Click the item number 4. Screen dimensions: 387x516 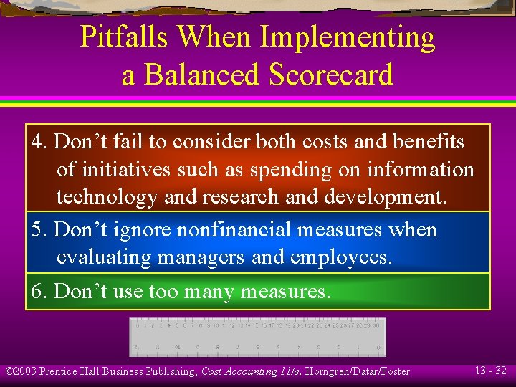[x=39, y=142]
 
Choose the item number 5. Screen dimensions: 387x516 [x=39, y=230]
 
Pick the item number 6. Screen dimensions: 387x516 [x=39, y=292]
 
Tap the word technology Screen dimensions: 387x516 [x=107, y=197]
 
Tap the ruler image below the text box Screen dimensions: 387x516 [x=257, y=336]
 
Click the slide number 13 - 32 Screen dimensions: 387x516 [x=491, y=371]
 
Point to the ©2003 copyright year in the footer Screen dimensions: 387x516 [x=21, y=371]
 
